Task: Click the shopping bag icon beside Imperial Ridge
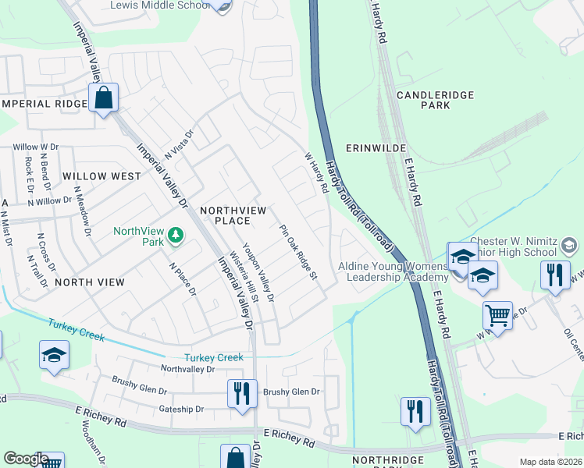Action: (103, 99)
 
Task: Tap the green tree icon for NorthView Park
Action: (176, 235)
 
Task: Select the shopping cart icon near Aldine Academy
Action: (497, 316)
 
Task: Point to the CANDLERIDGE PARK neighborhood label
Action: (435, 99)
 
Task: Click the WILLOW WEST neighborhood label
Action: (101, 176)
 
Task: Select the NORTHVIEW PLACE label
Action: (234, 215)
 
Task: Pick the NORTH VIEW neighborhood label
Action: (90, 282)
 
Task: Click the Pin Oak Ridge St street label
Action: (299, 252)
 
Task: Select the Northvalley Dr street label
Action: (187, 368)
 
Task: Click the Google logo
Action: (26, 459)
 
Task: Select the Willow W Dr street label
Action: (35, 146)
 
